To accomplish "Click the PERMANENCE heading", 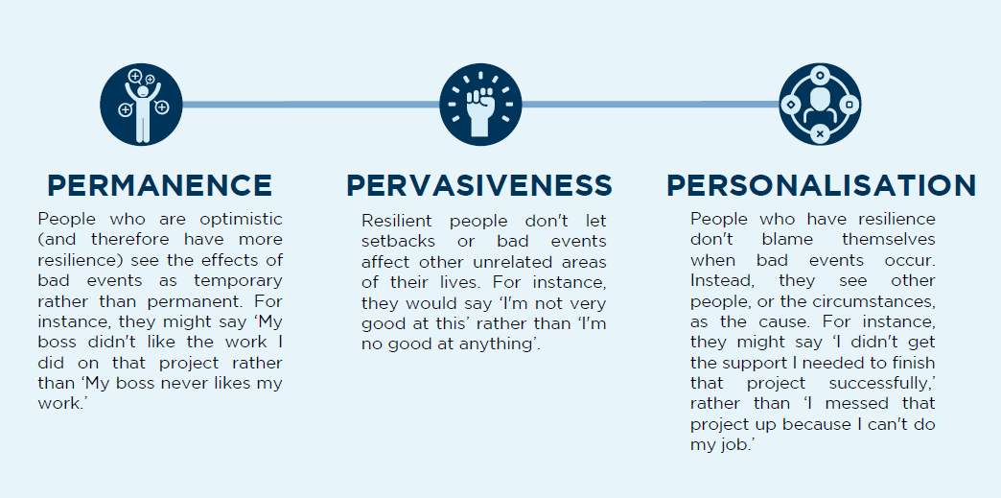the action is click(159, 185).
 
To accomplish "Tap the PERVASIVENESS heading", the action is click(479, 185).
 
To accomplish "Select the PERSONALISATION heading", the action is click(822, 185).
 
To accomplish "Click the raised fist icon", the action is click(480, 105).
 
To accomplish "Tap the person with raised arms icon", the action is click(141, 105).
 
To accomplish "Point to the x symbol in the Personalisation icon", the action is click(821, 133).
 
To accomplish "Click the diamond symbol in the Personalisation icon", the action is click(791, 105).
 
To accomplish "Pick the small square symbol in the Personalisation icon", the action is click(850, 105).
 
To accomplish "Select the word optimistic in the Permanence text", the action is click(241, 220).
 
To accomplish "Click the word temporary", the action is click(238, 280).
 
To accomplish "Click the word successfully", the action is click(882, 384).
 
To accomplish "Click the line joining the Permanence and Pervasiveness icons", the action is click(311, 105).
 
